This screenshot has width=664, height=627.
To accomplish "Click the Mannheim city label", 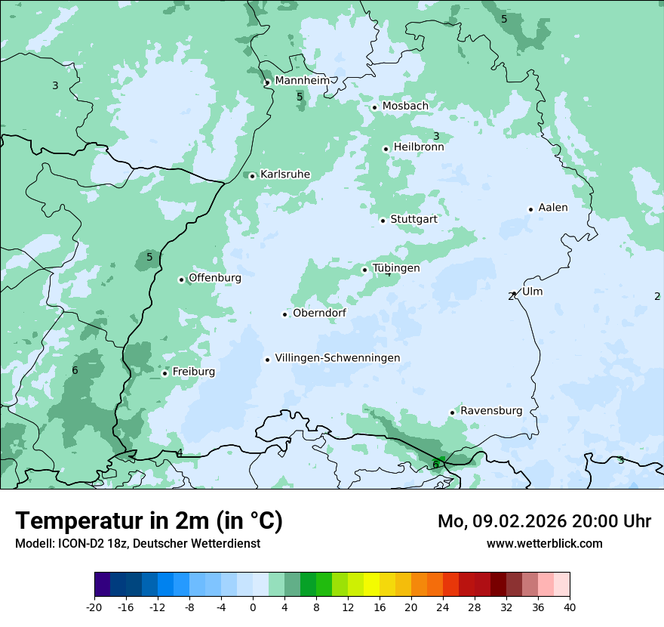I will [302, 80].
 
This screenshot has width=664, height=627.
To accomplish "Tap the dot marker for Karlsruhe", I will [253, 176].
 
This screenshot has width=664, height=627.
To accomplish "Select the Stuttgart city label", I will [413, 219].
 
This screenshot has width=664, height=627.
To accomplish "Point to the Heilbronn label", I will [419, 147].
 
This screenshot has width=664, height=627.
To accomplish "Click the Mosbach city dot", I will [374, 107].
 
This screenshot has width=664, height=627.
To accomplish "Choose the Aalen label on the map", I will [553, 208].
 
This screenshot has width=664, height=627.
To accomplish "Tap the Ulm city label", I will [532, 292].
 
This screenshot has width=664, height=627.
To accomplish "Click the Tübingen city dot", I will [364, 270].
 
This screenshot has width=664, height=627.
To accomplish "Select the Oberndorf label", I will [319, 313].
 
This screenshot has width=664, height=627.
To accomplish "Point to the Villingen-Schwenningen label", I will [337, 358].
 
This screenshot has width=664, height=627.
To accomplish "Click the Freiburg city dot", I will [164, 373].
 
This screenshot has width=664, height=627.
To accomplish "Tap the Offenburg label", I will [215, 278].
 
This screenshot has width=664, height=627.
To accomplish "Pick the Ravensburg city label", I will [491, 411].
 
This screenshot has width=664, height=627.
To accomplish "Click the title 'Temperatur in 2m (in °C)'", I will [149, 521].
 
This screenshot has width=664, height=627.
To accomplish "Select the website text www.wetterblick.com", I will [544, 544].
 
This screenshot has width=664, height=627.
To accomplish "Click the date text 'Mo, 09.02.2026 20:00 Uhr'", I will [544, 521].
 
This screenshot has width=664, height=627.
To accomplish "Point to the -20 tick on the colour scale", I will [94, 607].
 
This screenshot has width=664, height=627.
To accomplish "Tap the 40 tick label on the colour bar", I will [569, 607].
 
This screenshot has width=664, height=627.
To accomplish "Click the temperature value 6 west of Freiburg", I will [75, 370].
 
